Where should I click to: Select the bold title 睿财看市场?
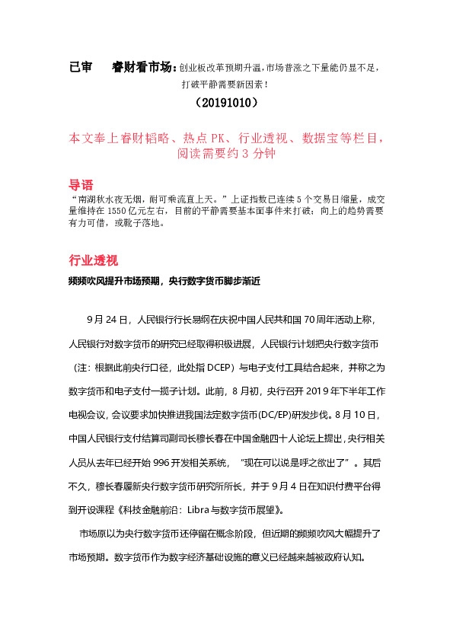point(143,67)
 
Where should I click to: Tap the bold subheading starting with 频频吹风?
point(164,281)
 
